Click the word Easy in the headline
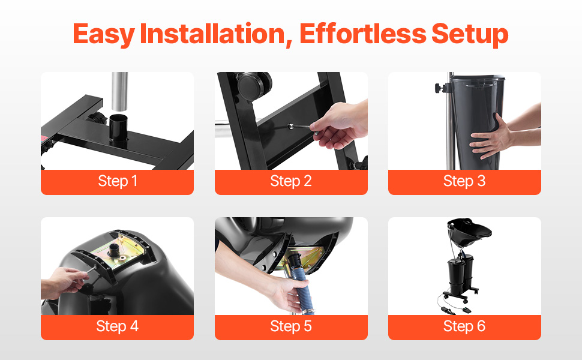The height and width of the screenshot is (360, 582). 104,35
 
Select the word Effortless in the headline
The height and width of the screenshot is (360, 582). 362,34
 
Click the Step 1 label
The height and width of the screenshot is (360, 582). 118,181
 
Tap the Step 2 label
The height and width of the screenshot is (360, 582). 291,181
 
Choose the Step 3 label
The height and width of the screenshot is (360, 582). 464,181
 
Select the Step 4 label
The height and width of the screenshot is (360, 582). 117,326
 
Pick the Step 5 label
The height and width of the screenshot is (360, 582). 291,326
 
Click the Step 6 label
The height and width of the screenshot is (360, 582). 464,326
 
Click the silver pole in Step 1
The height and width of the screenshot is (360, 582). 119,92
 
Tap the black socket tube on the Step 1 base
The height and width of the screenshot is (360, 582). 119,128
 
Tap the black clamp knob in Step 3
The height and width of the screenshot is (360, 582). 440,88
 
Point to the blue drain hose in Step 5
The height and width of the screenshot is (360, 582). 299,282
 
